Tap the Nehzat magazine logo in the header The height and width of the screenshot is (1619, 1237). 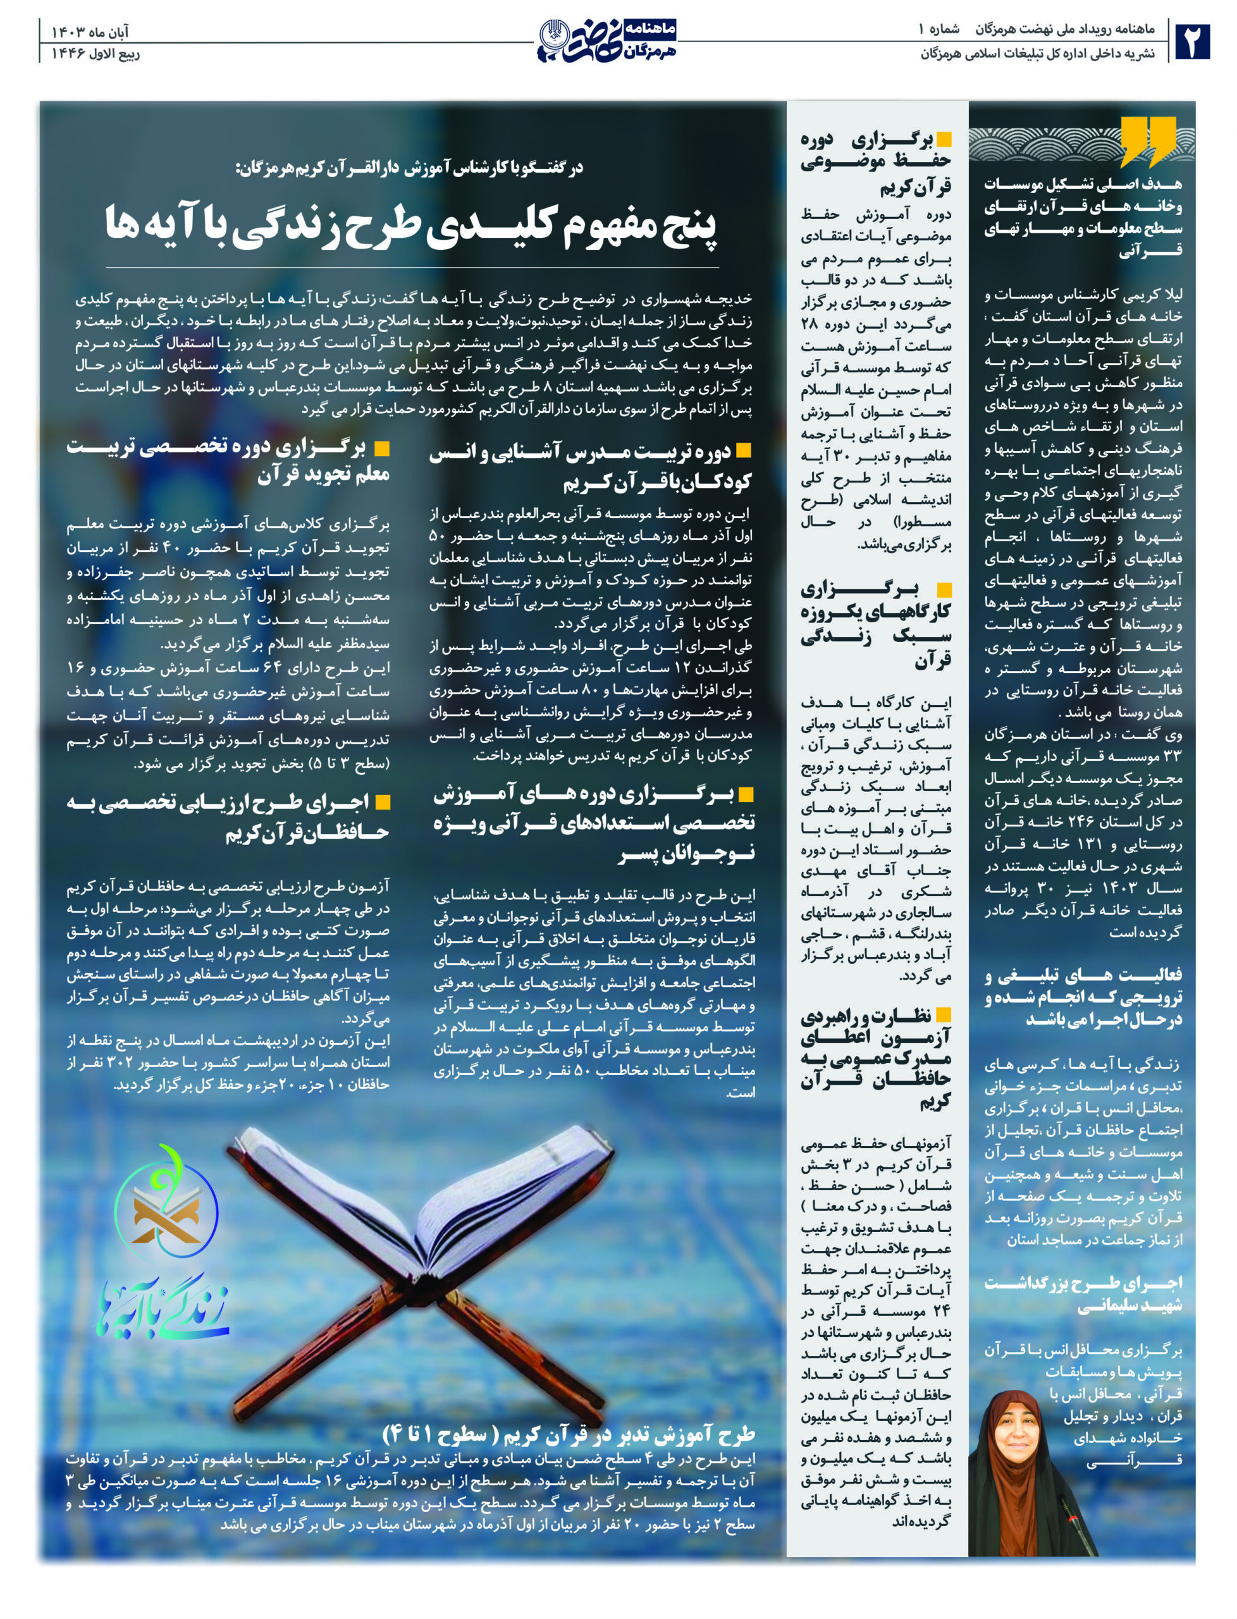click(x=608, y=41)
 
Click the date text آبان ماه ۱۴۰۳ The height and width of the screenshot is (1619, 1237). click(x=89, y=32)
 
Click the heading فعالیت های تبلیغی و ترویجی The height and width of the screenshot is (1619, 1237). click(x=1083, y=997)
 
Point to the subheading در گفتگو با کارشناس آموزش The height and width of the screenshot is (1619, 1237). click(x=409, y=168)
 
